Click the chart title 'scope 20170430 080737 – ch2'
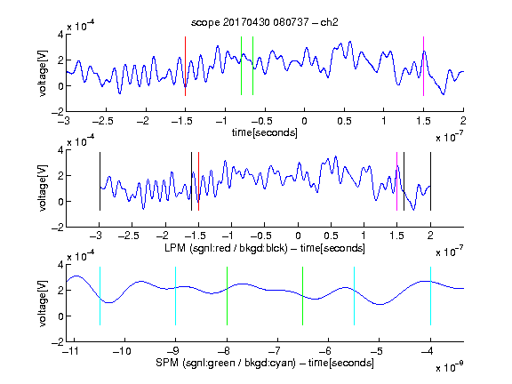click(265, 22)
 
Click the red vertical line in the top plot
click(185, 66)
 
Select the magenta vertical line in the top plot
click(423, 66)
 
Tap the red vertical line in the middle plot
click(198, 181)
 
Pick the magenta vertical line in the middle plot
click(396, 181)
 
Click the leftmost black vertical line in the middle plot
click(100, 181)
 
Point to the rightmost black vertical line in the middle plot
click(430, 181)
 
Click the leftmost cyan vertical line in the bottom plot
click(100, 296)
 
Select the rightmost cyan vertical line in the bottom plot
click(430, 296)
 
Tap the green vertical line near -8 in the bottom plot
click(227, 296)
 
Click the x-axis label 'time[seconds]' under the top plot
click(265, 132)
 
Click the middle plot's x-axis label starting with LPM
click(265, 248)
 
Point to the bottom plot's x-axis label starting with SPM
click(265, 363)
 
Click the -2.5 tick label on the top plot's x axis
click(103, 121)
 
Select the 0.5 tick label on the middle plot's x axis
click(331, 236)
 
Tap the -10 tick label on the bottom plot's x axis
click(122, 351)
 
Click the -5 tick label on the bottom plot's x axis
click(379, 351)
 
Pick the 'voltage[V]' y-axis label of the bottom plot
click(43, 303)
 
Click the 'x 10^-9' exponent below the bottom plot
click(449, 367)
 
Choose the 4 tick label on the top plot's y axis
click(60, 35)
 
